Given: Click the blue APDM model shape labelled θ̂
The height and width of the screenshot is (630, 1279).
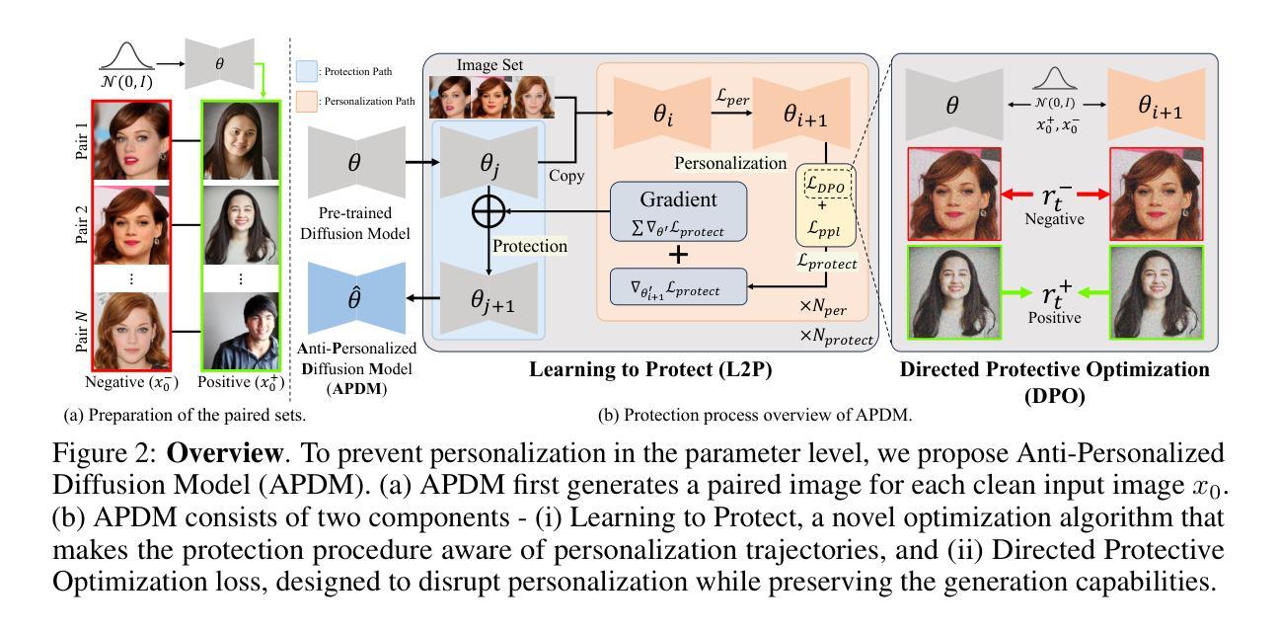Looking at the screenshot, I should click(x=354, y=295).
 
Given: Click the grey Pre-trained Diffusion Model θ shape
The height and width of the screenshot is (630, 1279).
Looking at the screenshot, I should click(x=354, y=164).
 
